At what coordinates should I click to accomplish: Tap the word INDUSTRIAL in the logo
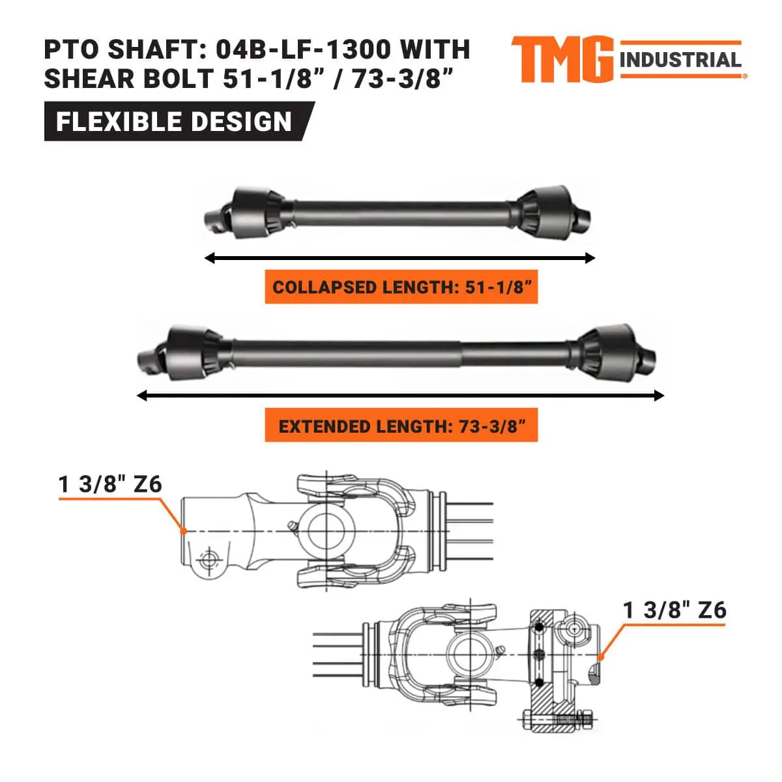680,61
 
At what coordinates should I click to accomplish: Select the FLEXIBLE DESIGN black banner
174,122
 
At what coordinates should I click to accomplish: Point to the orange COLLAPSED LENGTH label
401,287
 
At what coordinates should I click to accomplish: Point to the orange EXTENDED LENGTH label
401,427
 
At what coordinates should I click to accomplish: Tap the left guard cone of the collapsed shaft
257,212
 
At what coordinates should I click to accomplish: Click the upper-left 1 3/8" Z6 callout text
110,484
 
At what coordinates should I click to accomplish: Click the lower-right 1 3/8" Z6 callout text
674,610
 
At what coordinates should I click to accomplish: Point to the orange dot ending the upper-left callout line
184,531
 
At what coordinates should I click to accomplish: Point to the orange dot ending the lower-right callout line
600,657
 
